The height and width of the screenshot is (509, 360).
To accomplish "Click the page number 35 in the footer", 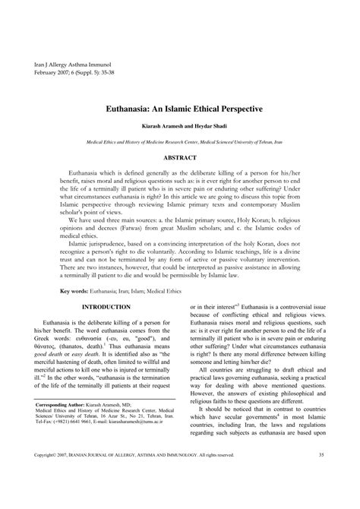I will click(321, 477).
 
